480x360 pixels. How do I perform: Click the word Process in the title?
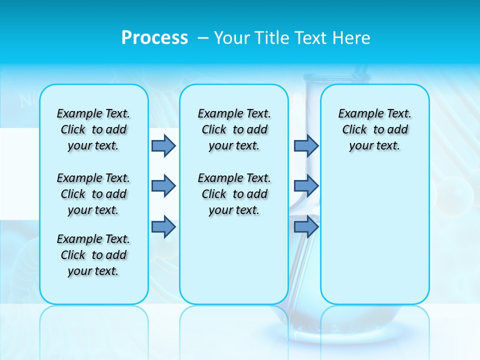(154, 38)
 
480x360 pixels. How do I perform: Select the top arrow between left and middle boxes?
(163, 145)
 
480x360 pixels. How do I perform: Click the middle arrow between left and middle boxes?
(163, 186)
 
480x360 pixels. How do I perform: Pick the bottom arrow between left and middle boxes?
(163, 226)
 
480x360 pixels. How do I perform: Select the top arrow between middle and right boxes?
(306, 145)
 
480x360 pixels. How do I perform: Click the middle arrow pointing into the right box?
(306, 186)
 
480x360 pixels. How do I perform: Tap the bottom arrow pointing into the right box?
(306, 226)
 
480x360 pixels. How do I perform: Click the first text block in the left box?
(93, 130)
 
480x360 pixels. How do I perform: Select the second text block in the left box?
(93, 194)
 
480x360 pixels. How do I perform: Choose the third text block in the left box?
(93, 255)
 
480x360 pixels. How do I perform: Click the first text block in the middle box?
(234, 130)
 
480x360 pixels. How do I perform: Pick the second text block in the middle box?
(234, 194)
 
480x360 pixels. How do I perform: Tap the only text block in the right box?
(374, 130)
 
